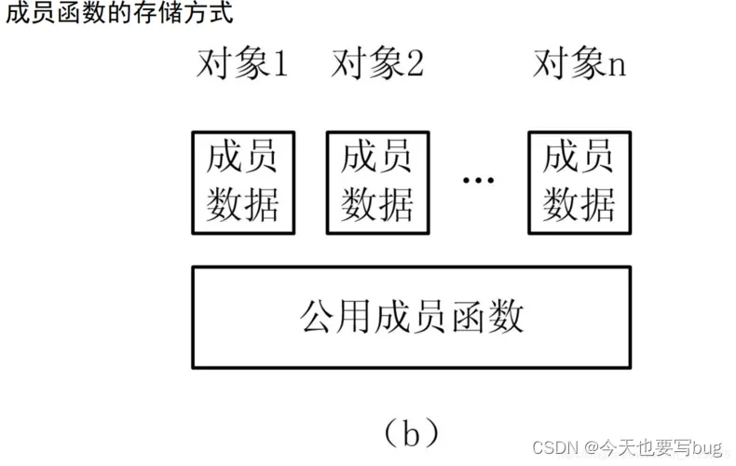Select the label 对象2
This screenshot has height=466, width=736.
click(x=377, y=64)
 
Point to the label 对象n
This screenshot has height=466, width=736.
click(x=579, y=64)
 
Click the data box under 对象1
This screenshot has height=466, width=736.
click(x=242, y=181)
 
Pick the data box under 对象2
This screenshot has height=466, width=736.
click(x=377, y=181)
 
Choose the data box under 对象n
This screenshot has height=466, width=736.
click(x=579, y=181)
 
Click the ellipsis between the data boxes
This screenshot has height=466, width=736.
click(x=478, y=180)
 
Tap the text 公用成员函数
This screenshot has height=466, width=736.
click(x=412, y=317)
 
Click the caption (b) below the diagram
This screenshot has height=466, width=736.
click(x=410, y=432)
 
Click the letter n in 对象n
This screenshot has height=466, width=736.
click(x=616, y=67)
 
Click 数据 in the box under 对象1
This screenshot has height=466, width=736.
click(x=242, y=202)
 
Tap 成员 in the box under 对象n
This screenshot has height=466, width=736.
click(x=579, y=158)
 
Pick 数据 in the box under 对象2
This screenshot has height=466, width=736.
click(x=377, y=202)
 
